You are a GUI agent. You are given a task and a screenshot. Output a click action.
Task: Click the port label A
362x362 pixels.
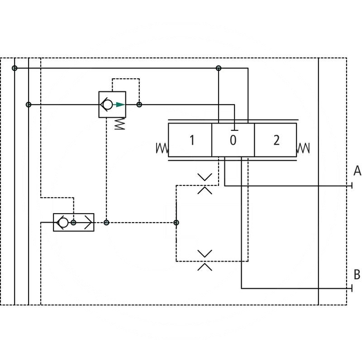point(357,171)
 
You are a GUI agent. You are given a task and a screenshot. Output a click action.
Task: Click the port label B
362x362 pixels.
point(357,274)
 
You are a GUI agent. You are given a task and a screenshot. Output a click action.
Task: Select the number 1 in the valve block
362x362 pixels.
point(192,140)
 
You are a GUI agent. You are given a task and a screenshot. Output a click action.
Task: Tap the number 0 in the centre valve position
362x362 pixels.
point(233,140)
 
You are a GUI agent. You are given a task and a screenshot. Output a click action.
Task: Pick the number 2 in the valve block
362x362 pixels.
point(276,140)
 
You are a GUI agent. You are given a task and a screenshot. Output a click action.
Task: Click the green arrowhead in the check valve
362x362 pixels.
point(120,105)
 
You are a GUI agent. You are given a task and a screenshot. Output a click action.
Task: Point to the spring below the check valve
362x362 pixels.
point(119,124)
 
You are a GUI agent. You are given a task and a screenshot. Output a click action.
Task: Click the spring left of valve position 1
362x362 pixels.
point(162,148)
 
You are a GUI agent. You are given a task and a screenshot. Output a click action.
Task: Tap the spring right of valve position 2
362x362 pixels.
point(303,148)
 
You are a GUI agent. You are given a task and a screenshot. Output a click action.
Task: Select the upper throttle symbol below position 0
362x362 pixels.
point(205,183)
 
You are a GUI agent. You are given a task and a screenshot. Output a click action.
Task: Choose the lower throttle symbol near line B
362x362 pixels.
point(205,260)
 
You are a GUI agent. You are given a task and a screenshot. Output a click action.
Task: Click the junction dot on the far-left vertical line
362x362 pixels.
point(14,68)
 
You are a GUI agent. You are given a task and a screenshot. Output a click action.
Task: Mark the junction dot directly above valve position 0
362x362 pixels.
point(219,68)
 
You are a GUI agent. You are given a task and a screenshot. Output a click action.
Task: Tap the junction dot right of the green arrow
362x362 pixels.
point(139,105)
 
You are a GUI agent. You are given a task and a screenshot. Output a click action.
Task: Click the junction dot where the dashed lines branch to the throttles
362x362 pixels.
point(176,223)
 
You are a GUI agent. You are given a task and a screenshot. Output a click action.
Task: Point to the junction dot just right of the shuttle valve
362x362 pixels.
point(106,223)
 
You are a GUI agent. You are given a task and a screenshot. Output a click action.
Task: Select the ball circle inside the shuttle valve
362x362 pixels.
point(63,223)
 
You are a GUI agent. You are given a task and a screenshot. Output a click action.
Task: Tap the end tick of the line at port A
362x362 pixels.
point(352,186)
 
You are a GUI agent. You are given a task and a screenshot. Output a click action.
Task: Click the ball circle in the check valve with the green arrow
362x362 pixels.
point(108,105)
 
